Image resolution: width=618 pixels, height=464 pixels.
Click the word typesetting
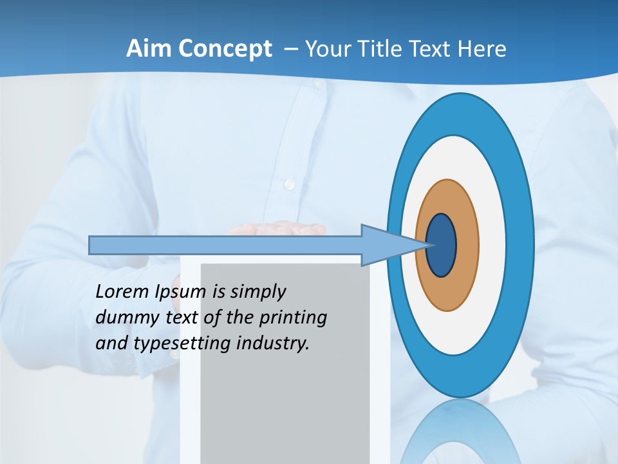click(182, 344)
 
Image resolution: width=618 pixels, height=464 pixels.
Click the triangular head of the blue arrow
click(386, 246)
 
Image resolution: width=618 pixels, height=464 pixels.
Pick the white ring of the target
click(492, 246)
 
